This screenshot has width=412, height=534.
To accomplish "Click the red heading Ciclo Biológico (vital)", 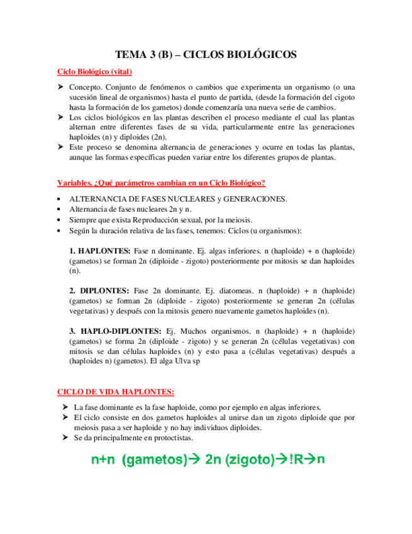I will pyautogui.click(x=94, y=72).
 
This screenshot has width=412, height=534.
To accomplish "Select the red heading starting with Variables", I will pyautogui.click(x=161, y=183).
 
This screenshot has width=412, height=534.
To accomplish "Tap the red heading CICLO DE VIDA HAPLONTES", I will pyautogui.click(x=116, y=391).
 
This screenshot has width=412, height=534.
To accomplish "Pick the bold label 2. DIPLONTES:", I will pyautogui.click(x=99, y=290).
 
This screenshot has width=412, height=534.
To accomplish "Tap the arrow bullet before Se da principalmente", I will pyautogui.click(x=65, y=438).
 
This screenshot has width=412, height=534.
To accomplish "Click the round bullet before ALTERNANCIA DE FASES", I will pyautogui.click(x=59, y=199).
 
